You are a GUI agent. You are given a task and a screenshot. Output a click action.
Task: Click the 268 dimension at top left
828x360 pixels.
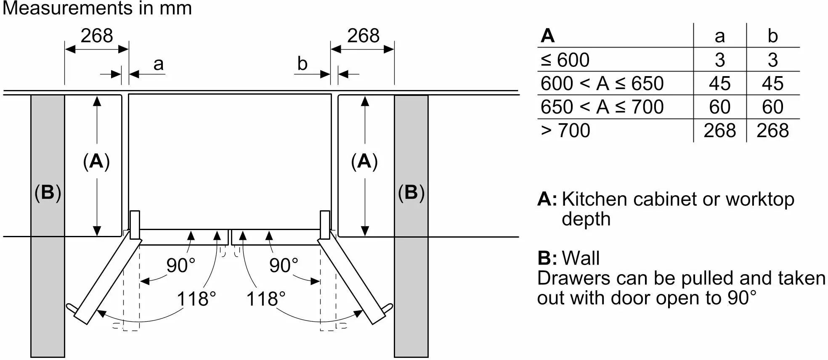tap(97, 36)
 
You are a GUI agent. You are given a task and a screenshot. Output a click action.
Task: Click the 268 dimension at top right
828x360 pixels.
tap(363, 36)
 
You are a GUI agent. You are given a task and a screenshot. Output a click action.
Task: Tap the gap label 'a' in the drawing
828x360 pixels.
tap(158, 64)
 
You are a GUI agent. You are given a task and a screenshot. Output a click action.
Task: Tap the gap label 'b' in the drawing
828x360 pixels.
tap(302, 64)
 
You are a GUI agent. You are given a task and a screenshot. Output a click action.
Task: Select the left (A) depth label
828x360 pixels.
tap(96, 161)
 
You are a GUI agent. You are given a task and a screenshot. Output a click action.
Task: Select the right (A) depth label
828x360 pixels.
tap(364, 161)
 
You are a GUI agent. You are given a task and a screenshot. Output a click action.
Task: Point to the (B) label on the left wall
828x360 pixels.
tap(48, 193)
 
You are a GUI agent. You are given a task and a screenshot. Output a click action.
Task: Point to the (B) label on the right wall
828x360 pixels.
tap(411, 193)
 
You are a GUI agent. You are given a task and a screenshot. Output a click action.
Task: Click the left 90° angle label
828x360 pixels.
tap(181, 265)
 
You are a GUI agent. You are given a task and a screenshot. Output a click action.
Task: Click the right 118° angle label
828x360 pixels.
tap(266, 299)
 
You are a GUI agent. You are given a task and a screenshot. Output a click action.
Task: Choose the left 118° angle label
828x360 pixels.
tap(196, 299)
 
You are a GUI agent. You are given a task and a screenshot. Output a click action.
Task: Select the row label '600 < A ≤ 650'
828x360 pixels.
tap(602, 84)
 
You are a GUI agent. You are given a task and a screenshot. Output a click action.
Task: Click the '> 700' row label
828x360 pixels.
tap(565, 131)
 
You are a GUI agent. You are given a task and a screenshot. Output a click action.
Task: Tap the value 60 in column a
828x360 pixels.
tap(719, 107)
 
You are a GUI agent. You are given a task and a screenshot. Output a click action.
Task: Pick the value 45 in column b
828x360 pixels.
tap(772, 84)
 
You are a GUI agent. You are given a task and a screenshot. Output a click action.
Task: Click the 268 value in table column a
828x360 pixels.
tap(719, 131)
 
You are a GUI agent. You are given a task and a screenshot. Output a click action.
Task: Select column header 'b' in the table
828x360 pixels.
tap(772, 36)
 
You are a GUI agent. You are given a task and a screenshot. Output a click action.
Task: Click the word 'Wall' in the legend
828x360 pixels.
tap(581, 258)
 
